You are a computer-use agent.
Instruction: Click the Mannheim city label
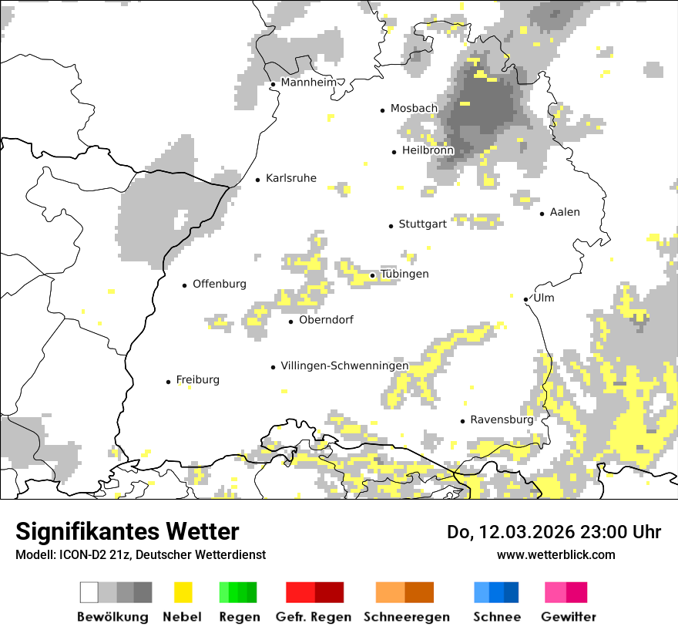click(309, 83)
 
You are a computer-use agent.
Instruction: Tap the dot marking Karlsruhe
click(258, 180)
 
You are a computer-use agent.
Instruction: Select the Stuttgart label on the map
click(422, 224)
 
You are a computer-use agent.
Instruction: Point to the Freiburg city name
click(197, 380)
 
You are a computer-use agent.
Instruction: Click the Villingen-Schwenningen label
click(344, 365)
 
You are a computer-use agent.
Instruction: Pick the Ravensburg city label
click(502, 420)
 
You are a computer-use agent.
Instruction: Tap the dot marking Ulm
click(525, 299)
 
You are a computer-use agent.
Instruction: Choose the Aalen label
click(565, 212)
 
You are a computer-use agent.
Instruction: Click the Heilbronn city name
click(428, 150)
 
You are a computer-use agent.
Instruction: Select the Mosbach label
click(414, 109)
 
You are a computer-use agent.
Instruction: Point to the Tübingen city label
click(404, 275)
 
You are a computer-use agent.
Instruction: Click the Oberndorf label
click(326, 320)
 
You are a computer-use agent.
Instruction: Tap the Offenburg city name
click(220, 284)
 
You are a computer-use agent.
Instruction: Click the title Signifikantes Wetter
click(127, 531)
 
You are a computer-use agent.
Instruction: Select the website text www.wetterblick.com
click(555, 554)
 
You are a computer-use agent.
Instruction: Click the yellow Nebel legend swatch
click(183, 592)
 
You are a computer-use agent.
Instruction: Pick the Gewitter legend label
click(568, 617)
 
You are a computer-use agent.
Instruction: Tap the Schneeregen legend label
click(406, 617)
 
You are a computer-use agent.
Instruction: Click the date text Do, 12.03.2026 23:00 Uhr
click(554, 532)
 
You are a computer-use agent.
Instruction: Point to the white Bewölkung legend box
click(89, 592)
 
